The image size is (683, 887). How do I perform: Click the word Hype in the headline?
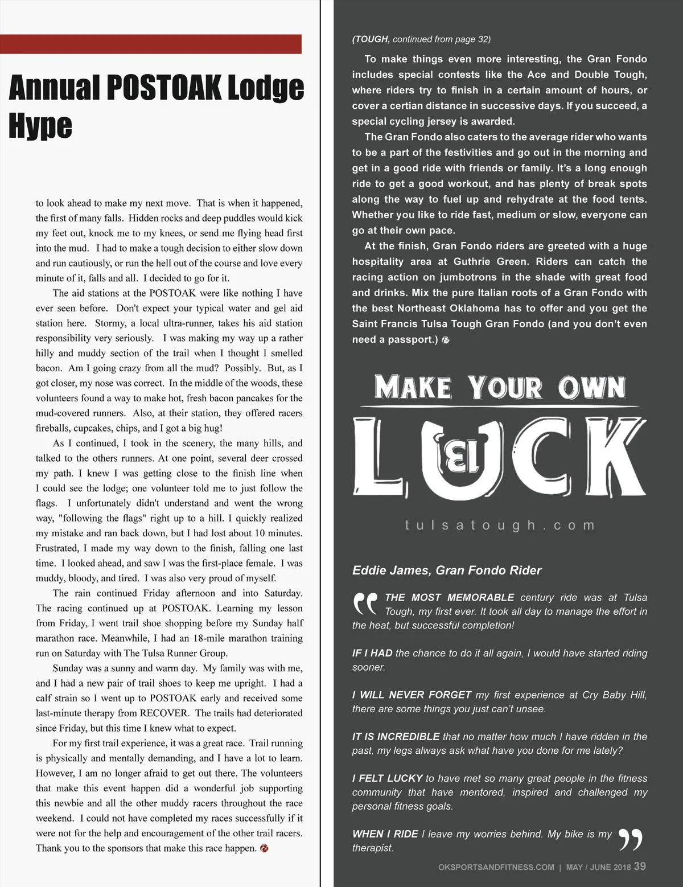coord(40,126)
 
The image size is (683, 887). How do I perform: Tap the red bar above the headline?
coord(150,44)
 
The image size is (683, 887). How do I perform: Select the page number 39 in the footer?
coord(640,866)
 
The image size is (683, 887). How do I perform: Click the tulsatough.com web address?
coord(500,525)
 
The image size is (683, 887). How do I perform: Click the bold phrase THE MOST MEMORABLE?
coord(449,598)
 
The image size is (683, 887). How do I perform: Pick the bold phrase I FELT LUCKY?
coord(387,778)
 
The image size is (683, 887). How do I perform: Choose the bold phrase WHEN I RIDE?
coord(385,834)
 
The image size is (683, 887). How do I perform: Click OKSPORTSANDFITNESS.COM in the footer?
coord(496,867)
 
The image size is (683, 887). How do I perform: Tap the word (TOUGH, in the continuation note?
coord(371,39)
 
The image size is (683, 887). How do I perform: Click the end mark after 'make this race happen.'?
coord(264,848)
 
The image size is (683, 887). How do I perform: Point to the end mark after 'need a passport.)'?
coord(446,340)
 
